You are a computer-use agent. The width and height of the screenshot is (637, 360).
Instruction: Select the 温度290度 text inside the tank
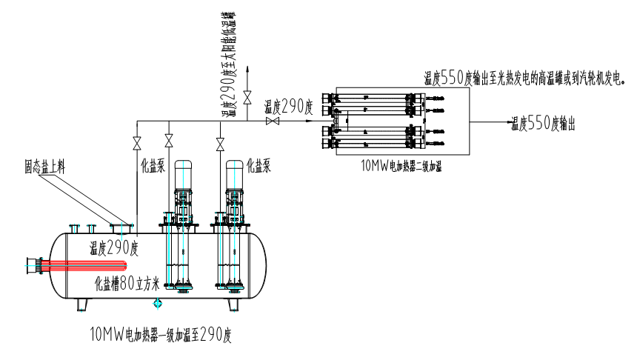pyautogui.click(x=114, y=247)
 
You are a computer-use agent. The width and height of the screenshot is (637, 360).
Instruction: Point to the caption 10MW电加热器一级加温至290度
pyautogui.click(x=161, y=334)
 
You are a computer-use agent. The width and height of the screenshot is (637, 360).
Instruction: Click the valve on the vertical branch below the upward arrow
pyautogui.click(x=247, y=95)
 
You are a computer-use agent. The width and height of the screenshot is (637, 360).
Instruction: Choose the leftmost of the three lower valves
pyautogui.click(x=137, y=141)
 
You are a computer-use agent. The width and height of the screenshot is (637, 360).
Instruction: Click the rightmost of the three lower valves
pyautogui.click(x=219, y=141)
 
